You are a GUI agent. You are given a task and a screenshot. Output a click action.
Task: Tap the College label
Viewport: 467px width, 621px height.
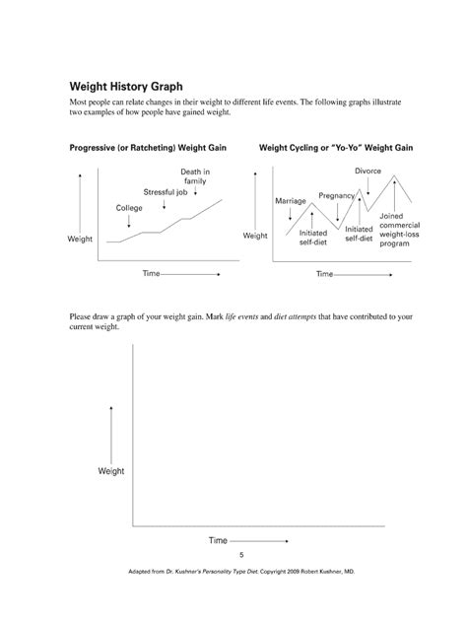click(129, 208)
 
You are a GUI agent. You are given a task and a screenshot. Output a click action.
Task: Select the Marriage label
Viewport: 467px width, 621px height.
click(291, 201)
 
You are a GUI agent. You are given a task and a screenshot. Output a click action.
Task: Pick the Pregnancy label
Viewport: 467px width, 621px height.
click(338, 195)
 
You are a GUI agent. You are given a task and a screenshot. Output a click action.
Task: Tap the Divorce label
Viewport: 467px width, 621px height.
click(368, 171)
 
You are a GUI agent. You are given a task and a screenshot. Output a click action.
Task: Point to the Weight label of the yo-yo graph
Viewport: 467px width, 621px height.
click(255, 237)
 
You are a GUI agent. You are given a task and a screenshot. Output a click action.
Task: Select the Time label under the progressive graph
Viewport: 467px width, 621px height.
click(153, 272)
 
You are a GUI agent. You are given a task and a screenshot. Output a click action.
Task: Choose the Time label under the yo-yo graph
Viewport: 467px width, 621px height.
click(326, 272)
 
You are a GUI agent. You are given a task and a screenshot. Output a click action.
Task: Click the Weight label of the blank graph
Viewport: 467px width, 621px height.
click(111, 471)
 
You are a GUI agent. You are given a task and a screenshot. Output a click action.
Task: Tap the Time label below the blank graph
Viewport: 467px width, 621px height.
click(218, 540)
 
